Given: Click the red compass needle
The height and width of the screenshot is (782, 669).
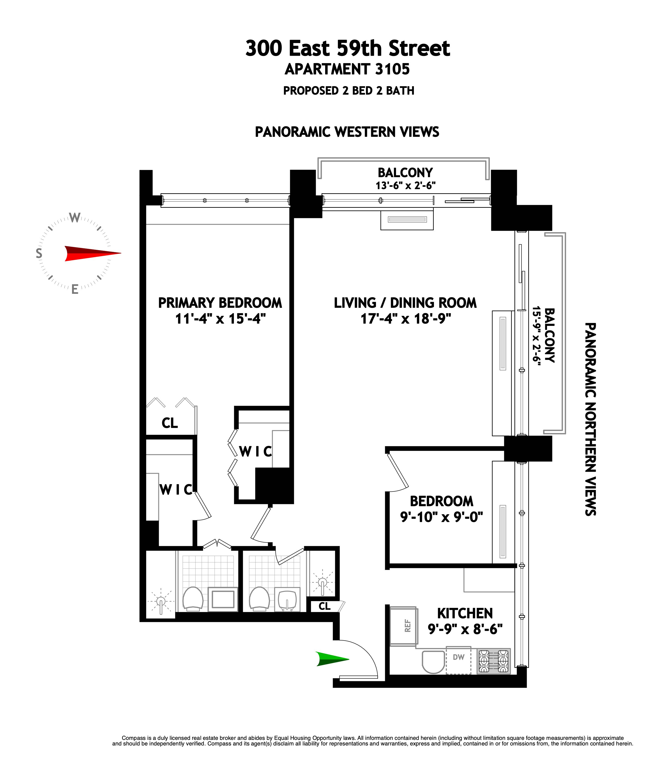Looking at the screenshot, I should (x=91, y=253).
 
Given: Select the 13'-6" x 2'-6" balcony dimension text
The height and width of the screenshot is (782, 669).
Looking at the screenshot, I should (x=405, y=186).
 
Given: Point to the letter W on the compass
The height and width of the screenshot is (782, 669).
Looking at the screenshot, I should (x=75, y=218).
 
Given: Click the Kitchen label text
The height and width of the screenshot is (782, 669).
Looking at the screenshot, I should (x=465, y=613).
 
